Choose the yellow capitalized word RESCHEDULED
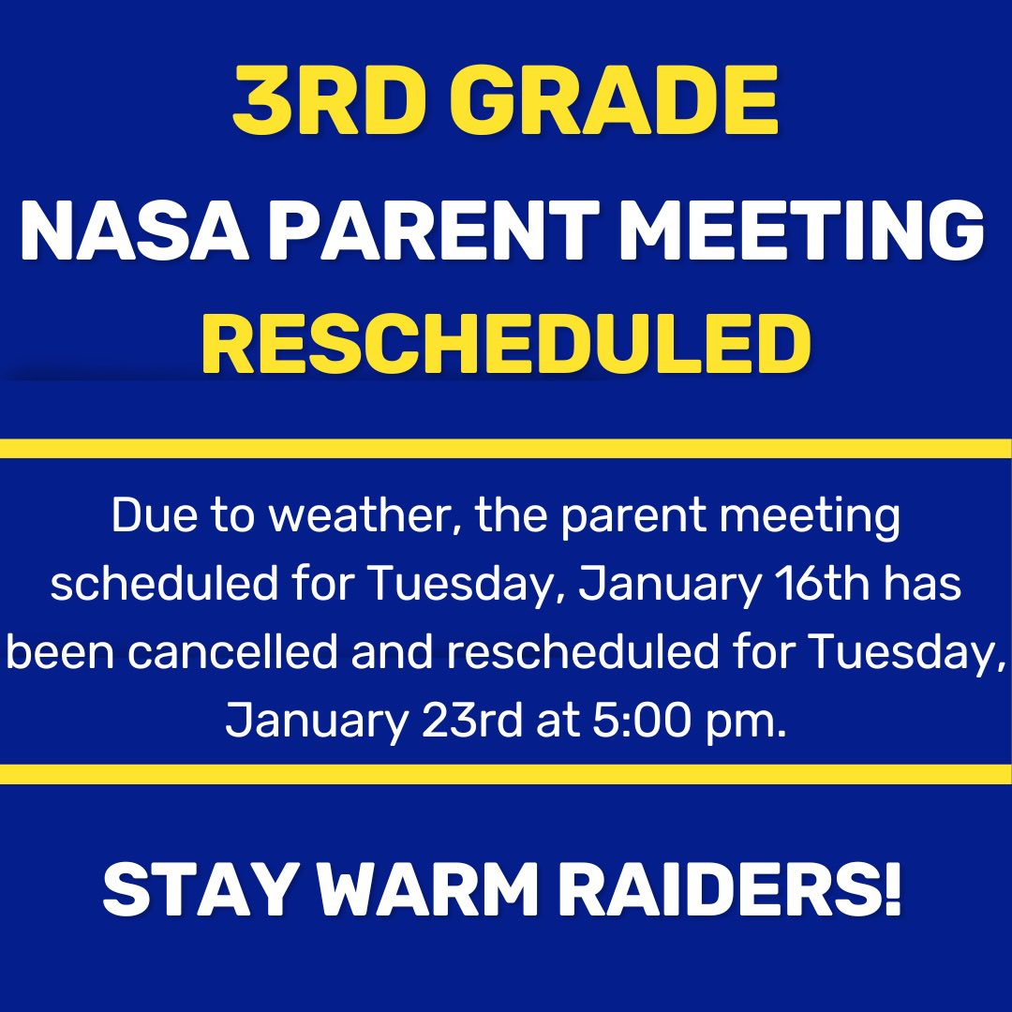tap(506, 343)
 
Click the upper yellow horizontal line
tap(506, 448)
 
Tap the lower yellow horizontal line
tap(506, 774)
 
